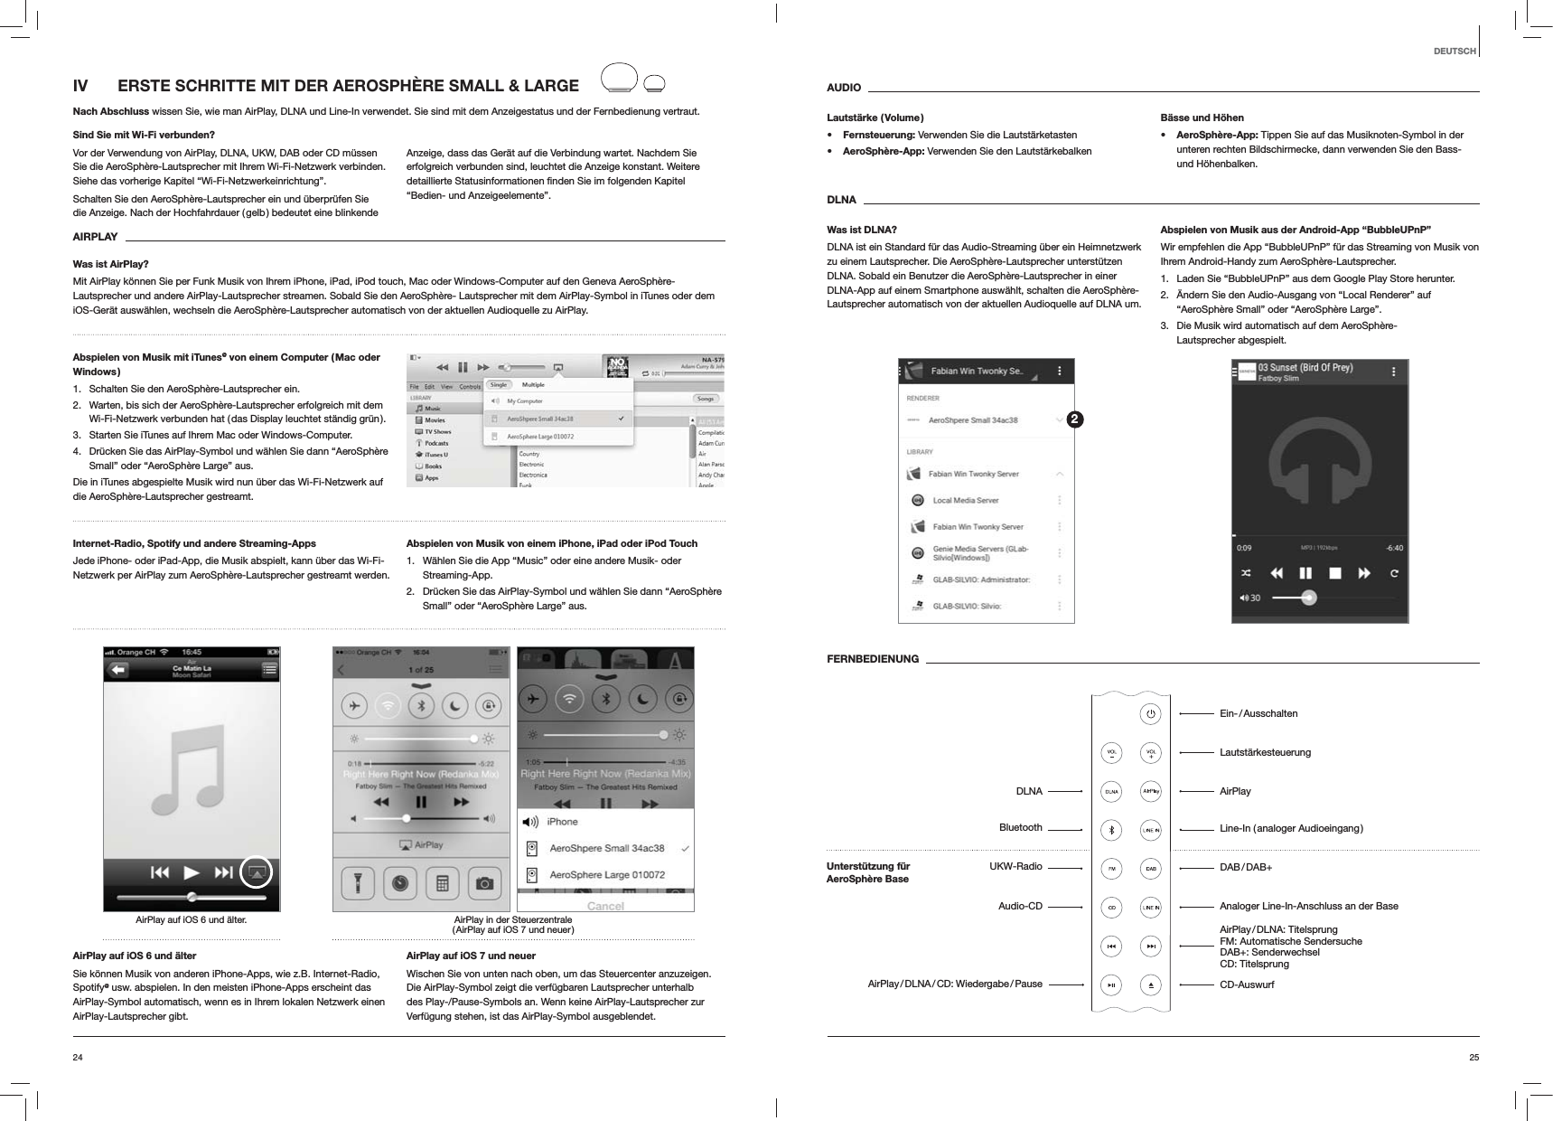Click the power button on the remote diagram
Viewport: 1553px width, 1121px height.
pos(1150,713)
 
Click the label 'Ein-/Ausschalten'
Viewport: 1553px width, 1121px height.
pos(1258,714)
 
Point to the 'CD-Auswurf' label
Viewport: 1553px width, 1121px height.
pos(1247,984)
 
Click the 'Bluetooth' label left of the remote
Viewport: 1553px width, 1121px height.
pos(1020,828)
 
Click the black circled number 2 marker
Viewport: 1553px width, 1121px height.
pos(1073,419)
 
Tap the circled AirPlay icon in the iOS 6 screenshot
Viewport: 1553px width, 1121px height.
pos(257,872)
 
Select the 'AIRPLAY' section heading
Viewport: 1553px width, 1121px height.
pos(95,237)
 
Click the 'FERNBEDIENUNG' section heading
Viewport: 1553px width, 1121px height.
pos(873,659)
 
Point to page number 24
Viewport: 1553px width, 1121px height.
pos(78,1057)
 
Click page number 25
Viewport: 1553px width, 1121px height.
pos(1473,1057)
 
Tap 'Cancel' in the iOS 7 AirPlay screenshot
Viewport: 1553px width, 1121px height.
pos(605,905)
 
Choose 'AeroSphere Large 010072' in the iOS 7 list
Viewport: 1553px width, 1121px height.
pos(607,874)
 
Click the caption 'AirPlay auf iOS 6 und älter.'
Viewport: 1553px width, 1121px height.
pos(191,919)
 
